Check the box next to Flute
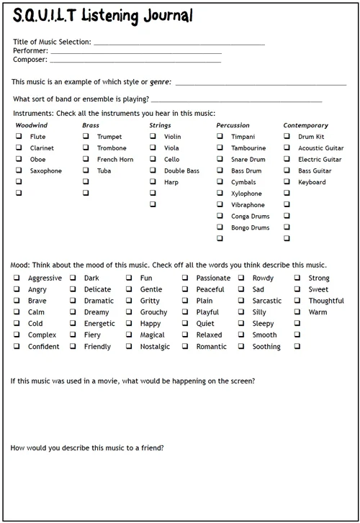(x=19, y=137)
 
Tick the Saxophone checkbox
(x=19, y=170)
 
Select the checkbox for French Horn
(x=86, y=160)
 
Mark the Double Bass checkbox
(x=153, y=170)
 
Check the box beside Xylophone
(x=220, y=194)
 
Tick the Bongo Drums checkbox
(x=220, y=227)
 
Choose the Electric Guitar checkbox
(x=287, y=160)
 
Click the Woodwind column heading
(x=31, y=125)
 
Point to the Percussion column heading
(x=233, y=125)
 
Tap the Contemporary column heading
(x=305, y=125)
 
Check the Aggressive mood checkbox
(x=17, y=278)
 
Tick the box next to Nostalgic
(x=129, y=346)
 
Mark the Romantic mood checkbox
(x=185, y=346)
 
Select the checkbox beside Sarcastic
(x=241, y=301)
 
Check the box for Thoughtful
(x=297, y=301)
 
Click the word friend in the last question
(x=153, y=448)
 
